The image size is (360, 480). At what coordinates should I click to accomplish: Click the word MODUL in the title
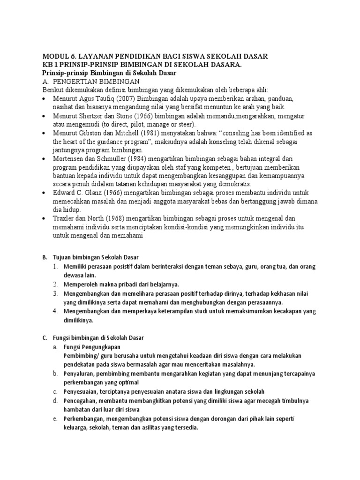tap(57, 56)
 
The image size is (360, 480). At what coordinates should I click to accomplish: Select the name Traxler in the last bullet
tap(67, 218)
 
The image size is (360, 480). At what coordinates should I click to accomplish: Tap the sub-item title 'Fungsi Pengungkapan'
tap(92, 347)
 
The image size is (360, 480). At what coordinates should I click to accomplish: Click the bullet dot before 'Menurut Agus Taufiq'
tap(44, 99)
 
